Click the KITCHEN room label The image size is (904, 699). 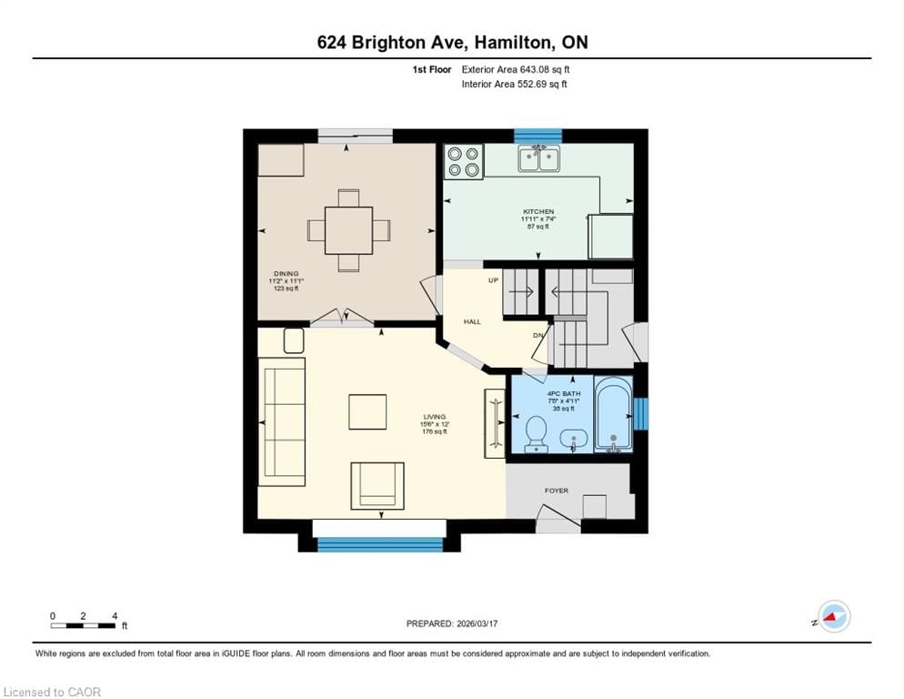(x=537, y=211)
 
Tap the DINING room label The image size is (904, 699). (x=286, y=274)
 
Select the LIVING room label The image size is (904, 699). (x=434, y=417)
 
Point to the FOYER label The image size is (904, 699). (x=557, y=491)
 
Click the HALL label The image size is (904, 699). (x=472, y=321)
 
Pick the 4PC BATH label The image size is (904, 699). (x=563, y=394)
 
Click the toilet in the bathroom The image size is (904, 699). (x=537, y=433)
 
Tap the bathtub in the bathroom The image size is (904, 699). (x=613, y=414)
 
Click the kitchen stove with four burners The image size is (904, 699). (x=464, y=162)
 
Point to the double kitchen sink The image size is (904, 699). (x=538, y=158)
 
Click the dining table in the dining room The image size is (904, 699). (x=348, y=230)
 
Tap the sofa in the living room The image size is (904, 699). (x=282, y=422)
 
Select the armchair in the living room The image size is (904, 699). (x=377, y=486)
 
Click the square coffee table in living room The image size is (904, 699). (x=367, y=411)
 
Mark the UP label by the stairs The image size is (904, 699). (x=493, y=280)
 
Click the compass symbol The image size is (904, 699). (x=834, y=616)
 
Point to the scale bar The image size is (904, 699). (x=83, y=625)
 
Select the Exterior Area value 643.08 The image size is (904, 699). (x=537, y=69)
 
